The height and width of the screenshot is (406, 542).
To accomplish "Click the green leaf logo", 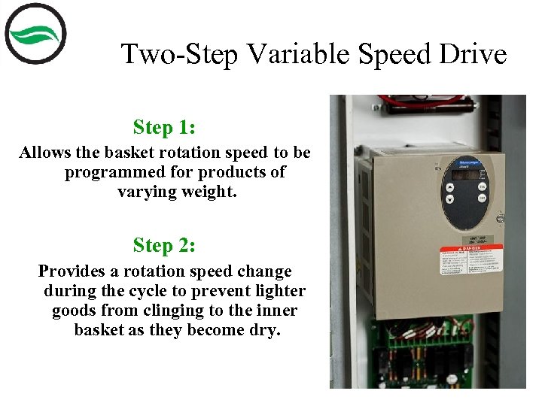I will click(35, 35).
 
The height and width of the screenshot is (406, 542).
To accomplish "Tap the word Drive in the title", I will click(474, 54).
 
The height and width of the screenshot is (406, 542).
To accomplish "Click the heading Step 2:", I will click(164, 245).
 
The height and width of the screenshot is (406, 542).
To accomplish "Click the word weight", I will click(209, 192).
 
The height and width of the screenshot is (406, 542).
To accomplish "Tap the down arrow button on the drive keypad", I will click(449, 200).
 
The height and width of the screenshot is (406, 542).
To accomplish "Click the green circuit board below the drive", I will click(422, 353).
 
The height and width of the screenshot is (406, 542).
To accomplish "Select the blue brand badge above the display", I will click(460, 161).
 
